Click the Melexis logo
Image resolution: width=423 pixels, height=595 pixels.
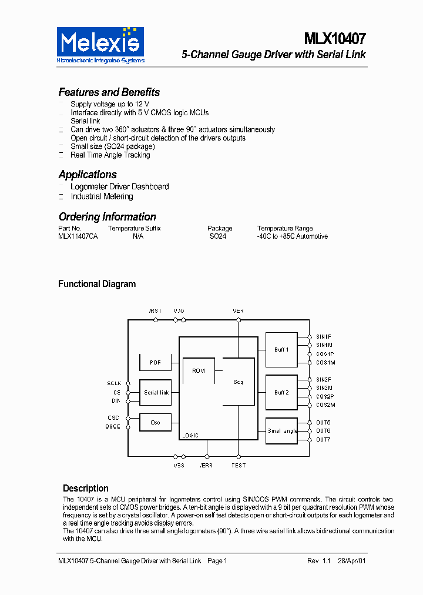[x=100, y=45]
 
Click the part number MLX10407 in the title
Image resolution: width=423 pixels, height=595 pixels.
[x=335, y=39]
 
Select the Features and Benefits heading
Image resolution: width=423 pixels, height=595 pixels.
[x=109, y=92]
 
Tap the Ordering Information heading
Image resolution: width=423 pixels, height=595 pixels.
[x=107, y=217]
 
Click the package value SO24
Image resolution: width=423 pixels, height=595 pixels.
[x=217, y=236]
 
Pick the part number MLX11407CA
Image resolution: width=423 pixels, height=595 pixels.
[x=78, y=236]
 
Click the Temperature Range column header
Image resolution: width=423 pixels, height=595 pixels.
[x=285, y=228]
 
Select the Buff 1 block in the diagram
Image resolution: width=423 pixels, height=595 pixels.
[x=281, y=350]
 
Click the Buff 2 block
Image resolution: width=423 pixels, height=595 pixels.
[x=281, y=392]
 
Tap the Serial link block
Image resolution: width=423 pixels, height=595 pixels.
[x=156, y=392]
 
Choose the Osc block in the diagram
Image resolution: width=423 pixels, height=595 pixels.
[x=155, y=422]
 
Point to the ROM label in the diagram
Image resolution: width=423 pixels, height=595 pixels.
[x=199, y=371]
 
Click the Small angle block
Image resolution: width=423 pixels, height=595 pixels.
[x=281, y=431]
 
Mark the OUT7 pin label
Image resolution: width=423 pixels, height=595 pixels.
[x=323, y=439]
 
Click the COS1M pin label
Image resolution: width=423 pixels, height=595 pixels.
[x=325, y=363]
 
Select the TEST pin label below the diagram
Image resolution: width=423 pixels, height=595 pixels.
[x=239, y=465]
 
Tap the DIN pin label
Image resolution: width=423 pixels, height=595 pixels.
[x=116, y=400]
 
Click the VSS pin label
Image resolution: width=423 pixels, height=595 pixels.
[x=179, y=465]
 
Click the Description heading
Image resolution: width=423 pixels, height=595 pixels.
[x=86, y=488]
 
